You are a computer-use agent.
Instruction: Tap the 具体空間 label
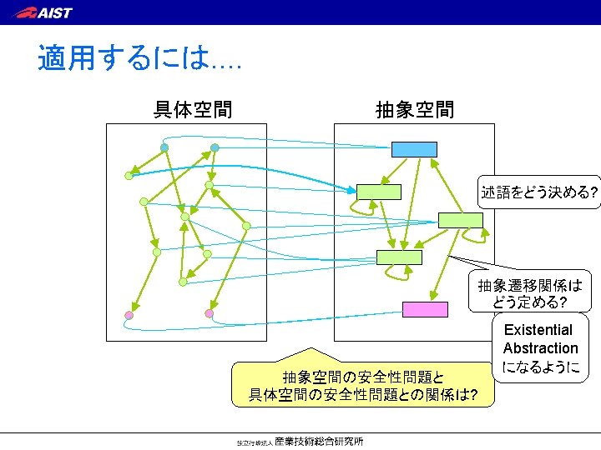point(193,109)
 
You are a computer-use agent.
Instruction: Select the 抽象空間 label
point(415,109)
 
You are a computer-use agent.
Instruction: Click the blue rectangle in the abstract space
point(414,149)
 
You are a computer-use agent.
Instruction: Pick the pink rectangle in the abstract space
point(425,309)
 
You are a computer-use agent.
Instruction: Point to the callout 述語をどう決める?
point(538,193)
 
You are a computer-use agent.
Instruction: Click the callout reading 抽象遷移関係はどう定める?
point(529,292)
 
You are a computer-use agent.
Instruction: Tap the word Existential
point(538,330)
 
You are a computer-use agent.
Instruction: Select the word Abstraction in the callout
point(540,348)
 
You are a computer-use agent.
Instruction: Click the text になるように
point(540,367)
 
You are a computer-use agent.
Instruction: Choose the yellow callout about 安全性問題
point(362,385)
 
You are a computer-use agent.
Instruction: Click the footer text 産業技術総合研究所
point(319,442)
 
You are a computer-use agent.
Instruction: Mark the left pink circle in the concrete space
point(129,315)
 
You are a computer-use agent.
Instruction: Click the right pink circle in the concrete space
point(209,313)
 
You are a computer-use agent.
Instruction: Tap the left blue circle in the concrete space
point(164,147)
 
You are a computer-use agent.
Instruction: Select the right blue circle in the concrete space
point(215,147)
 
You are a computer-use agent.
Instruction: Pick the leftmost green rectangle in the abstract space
point(378,192)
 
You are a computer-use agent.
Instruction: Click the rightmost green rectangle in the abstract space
point(460,220)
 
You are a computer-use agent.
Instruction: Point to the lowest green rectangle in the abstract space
point(399,257)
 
